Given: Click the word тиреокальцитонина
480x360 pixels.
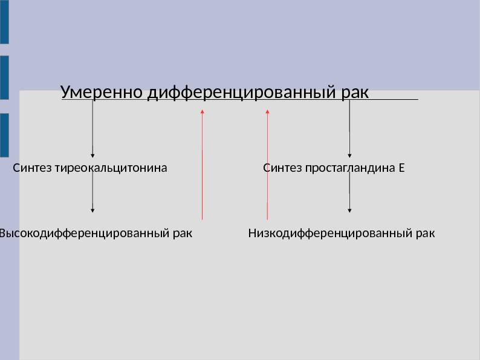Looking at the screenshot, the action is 111,168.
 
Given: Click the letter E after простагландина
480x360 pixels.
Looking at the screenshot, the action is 401,168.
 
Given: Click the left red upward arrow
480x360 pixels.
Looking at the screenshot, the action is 202,163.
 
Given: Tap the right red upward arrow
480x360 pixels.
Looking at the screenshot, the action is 267,163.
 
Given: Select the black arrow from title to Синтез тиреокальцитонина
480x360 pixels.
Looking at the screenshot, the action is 92,128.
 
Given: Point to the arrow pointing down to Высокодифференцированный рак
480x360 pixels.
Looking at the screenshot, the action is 92,194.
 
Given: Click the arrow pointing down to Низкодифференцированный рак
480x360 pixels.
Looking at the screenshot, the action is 349,194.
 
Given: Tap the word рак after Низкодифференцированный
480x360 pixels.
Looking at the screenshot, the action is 426,233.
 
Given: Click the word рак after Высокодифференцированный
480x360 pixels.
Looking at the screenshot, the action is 183,233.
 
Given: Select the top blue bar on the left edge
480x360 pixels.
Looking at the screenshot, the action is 4,22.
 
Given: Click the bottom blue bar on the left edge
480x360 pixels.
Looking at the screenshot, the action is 4,136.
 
